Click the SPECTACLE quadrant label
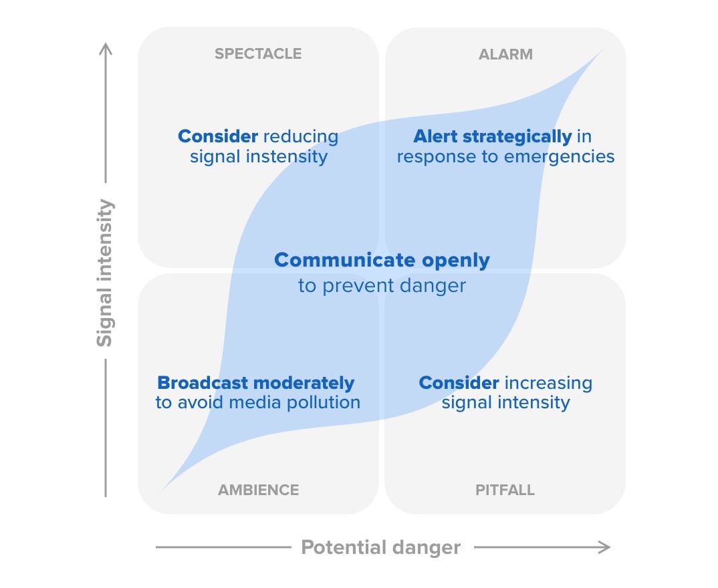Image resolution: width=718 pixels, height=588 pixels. (x=258, y=53)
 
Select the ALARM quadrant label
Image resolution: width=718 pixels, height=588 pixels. (x=505, y=54)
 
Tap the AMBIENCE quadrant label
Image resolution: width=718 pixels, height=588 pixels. (x=258, y=490)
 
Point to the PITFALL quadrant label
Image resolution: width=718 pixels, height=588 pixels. (x=505, y=490)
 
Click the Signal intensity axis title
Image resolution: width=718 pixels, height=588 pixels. (x=105, y=273)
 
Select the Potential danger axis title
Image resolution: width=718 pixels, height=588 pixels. (x=380, y=547)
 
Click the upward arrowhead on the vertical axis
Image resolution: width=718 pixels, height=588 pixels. (x=106, y=49)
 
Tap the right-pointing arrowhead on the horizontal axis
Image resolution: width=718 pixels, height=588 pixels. (x=604, y=547)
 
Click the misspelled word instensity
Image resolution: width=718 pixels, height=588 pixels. (x=287, y=156)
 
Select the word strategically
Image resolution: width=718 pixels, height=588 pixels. (x=517, y=136)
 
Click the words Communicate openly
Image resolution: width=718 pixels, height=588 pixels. (x=382, y=260)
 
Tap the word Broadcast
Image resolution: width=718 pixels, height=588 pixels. (x=203, y=383)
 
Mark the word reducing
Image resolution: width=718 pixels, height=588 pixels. (x=301, y=137)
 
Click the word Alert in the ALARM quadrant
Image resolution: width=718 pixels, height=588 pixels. (x=435, y=136)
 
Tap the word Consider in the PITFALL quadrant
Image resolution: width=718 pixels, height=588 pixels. (x=459, y=383)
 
